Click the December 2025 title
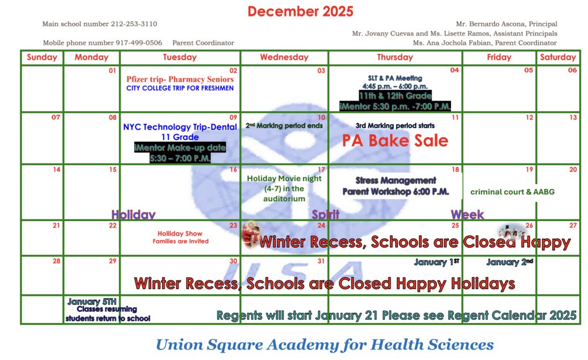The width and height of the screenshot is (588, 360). coord(300,11)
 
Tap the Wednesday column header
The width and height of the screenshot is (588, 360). coord(284,57)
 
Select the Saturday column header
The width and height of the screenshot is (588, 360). coord(557,57)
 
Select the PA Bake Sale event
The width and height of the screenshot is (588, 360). coord(395,141)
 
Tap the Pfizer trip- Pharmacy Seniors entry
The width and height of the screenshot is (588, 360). coord(180,79)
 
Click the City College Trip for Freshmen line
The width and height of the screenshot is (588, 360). coord(180,88)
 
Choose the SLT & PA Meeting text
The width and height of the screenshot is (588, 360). coord(395,78)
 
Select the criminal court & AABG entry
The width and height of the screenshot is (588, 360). coord(512,192)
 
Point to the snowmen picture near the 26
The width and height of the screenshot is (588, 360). coord(509,231)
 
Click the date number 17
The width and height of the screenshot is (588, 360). coord(322,169)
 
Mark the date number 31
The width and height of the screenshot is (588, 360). coord(321,261)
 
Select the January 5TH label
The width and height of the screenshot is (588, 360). coord(92,301)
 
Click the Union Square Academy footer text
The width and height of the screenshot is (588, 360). coord(325,344)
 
